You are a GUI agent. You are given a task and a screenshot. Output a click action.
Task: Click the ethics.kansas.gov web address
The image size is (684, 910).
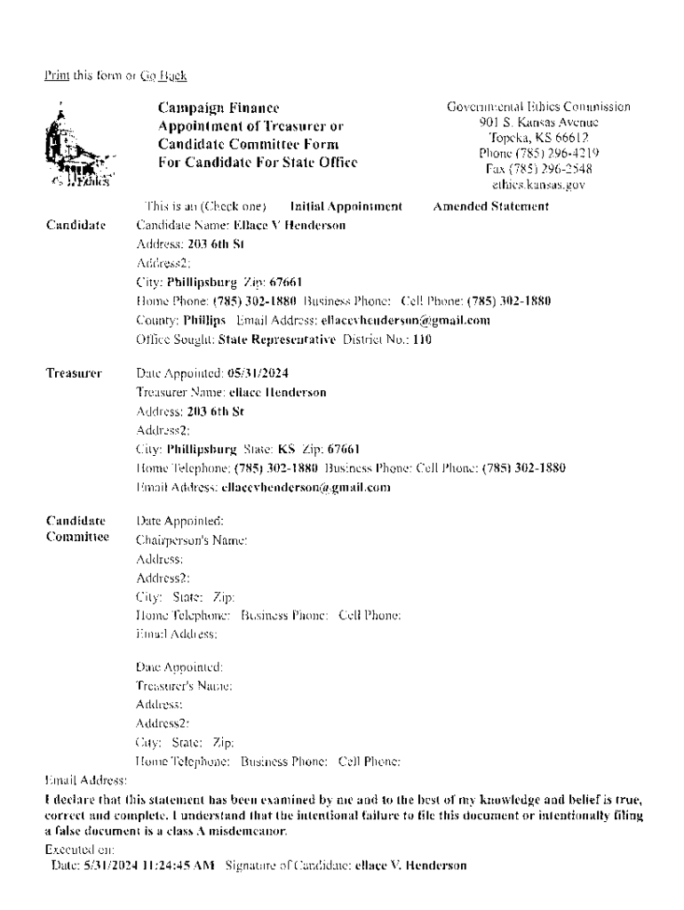(538, 185)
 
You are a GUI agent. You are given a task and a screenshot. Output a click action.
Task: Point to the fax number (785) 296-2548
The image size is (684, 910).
(538, 169)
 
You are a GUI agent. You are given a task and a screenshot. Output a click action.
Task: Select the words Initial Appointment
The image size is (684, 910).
(346, 207)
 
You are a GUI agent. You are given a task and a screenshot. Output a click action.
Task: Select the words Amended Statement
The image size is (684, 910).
(490, 207)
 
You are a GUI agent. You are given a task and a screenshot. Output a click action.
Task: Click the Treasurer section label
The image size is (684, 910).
(74, 373)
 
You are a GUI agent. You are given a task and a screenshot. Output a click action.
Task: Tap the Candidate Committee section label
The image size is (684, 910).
(76, 528)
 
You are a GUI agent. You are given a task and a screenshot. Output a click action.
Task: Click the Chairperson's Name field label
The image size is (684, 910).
(191, 539)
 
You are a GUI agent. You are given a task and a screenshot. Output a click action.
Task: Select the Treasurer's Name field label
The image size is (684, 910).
(184, 686)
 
